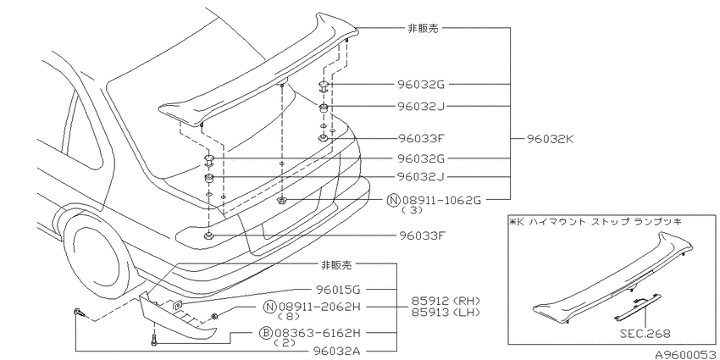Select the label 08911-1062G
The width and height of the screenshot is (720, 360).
(441, 200)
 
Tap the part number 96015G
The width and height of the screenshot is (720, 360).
(338, 290)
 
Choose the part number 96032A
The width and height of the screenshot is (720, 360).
(337, 351)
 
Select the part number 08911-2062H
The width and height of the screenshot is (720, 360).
(320, 307)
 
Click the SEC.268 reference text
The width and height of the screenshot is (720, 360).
(646, 334)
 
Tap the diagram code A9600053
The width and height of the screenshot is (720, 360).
(687, 354)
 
